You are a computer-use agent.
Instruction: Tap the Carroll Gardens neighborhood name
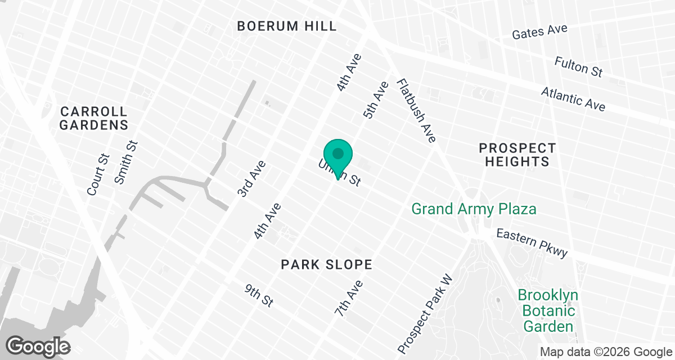pos(94,118)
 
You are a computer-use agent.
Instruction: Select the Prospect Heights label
pos(517,155)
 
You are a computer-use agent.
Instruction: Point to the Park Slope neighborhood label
pos(326,264)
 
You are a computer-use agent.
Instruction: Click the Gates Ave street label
pos(539,31)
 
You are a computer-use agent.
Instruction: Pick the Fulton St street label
pos(578,66)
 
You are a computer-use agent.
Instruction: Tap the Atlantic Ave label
pos(573,99)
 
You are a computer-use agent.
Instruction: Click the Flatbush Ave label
pos(416,110)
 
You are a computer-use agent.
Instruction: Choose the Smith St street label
pos(125,162)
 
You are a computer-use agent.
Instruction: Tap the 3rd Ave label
pos(251,178)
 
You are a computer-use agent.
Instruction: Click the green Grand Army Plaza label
pos(474,209)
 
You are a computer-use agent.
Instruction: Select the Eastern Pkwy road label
pos(532,243)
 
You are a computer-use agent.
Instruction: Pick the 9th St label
pos(259,295)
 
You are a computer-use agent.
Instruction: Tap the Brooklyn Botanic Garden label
pos(547,310)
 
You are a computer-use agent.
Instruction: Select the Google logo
pos(38,345)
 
